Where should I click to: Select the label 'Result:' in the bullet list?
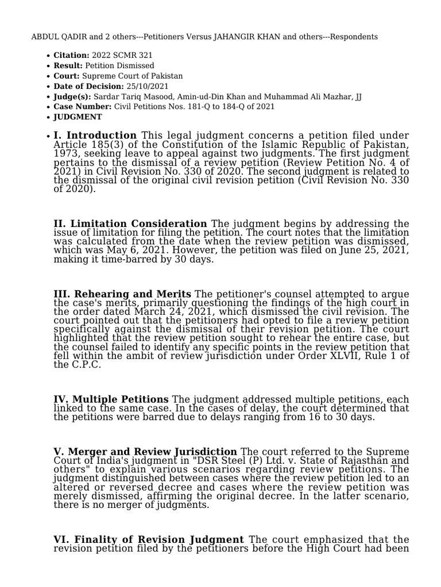(68, 66)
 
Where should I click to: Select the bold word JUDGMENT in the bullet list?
(78, 117)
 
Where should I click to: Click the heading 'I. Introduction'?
(95, 135)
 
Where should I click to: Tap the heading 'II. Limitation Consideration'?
(130, 224)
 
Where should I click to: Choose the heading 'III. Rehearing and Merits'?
(122, 295)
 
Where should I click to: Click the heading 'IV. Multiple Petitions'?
(111, 399)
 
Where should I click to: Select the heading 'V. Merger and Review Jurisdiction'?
(145, 452)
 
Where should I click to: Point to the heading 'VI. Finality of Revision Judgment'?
(149, 540)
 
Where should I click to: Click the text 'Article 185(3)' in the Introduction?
(81, 144)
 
